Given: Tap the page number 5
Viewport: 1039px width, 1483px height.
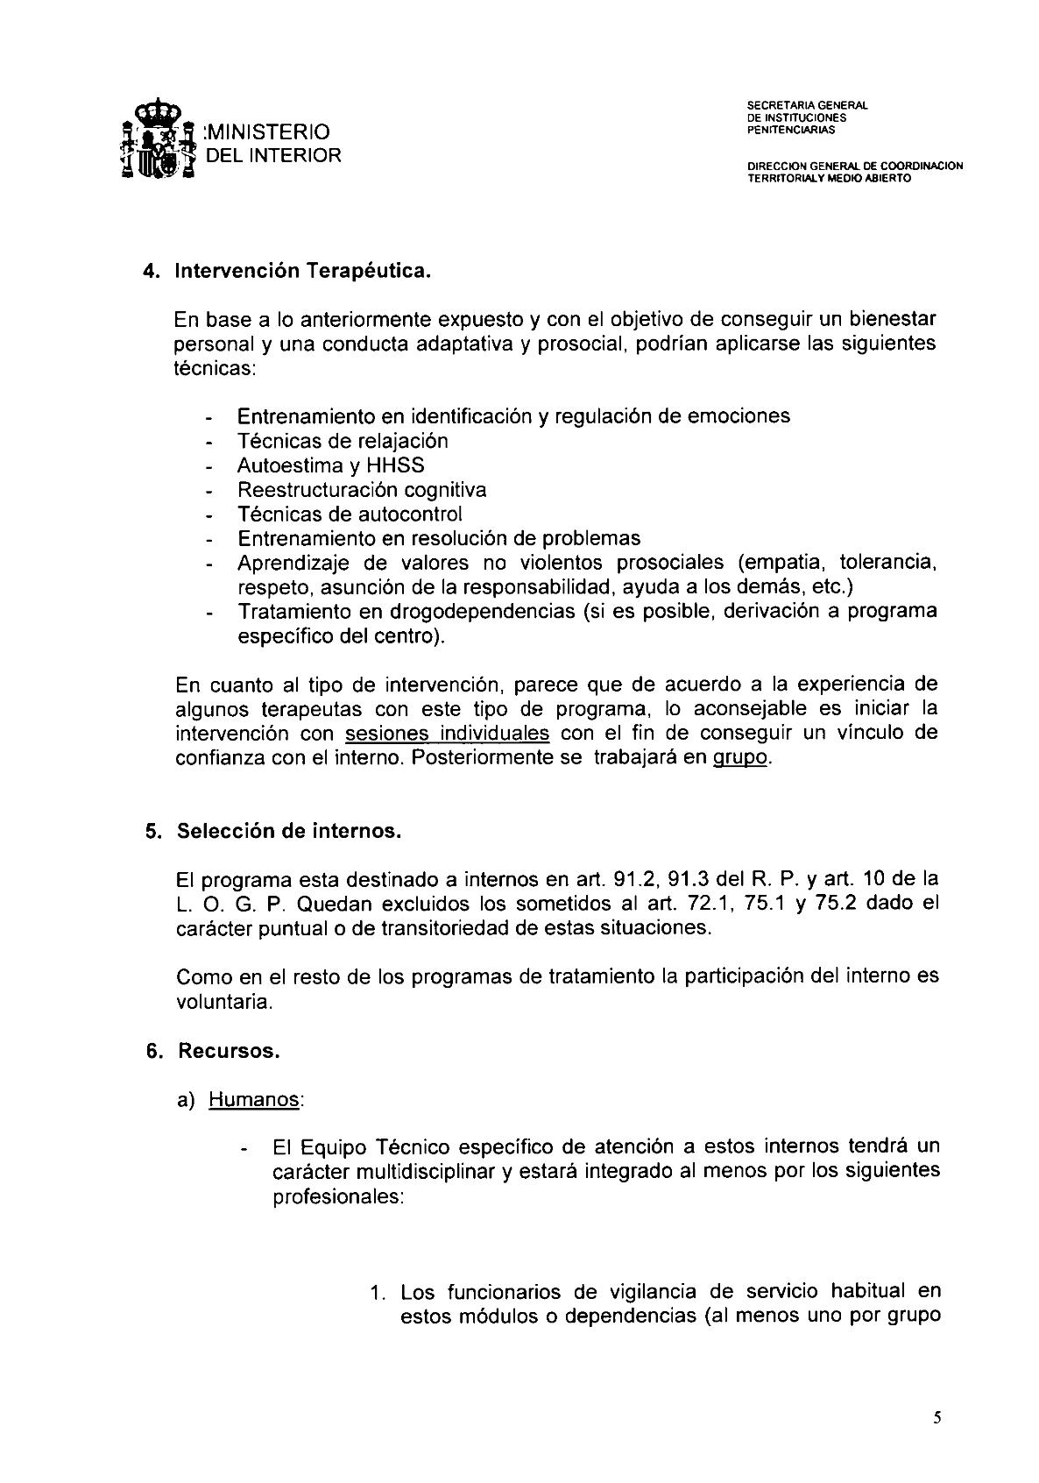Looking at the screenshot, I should pyautogui.click(x=937, y=1417).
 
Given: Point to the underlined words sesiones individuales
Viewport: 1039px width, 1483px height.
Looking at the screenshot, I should pyautogui.click(x=448, y=733).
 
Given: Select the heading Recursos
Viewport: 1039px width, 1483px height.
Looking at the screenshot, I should pyautogui.click(x=229, y=1051).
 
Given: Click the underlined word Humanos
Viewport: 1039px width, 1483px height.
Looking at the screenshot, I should pyautogui.click(x=254, y=1099).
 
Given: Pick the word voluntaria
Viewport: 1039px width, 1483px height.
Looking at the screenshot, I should pyautogui.click(x=223, y=1001).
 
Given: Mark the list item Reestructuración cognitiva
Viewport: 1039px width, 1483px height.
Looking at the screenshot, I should pyautogui.click(x=362, y=490).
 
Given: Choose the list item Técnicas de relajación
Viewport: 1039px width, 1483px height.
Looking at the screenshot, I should pyautogui.click(x=343, y=441).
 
